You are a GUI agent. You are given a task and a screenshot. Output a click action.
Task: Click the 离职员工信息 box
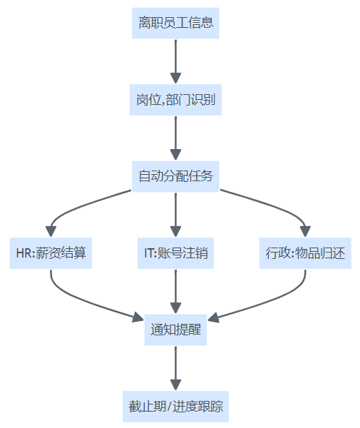175,24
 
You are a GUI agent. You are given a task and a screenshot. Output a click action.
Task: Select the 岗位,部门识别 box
175,100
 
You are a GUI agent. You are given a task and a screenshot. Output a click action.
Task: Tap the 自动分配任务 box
175,176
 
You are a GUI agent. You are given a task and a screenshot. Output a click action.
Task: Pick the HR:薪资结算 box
51,253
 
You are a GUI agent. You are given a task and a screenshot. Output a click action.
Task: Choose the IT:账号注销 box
175,253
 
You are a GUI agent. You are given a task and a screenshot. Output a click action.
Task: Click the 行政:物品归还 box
305,253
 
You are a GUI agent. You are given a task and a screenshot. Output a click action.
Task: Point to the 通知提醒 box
175,330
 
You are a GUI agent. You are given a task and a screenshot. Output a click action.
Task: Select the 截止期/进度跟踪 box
175,407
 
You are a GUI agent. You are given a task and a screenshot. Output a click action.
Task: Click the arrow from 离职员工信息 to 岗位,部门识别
175,61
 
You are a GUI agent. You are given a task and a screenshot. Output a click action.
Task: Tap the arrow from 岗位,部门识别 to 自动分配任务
175,138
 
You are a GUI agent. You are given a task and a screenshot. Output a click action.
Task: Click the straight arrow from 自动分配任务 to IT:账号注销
175,215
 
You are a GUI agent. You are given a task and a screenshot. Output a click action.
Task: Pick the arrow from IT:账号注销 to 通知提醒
175,292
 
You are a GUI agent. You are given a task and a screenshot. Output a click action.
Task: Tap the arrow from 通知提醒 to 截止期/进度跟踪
175,368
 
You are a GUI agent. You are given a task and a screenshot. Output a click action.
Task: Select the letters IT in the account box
149,253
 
